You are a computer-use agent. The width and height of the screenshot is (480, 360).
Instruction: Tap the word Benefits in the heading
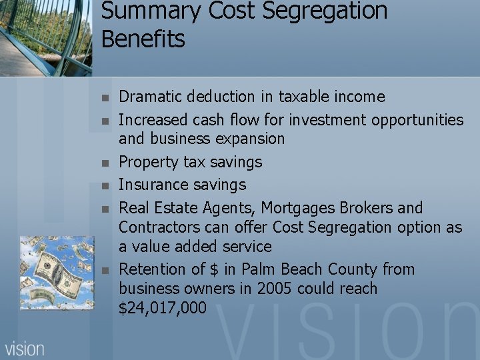[x=143, y=39]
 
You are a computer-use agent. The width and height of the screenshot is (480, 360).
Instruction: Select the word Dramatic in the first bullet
[x=151, y=97]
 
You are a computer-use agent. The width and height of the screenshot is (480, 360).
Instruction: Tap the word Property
[x=149, y=162]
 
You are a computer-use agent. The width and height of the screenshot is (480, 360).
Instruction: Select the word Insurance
[x=152, y=185]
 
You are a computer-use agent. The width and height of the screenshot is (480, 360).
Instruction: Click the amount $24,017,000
[x=162, y=308]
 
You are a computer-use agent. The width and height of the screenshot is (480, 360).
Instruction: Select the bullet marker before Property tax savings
[x=104, y=163]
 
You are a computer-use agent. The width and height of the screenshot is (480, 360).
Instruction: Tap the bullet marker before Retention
[x=104, y=270]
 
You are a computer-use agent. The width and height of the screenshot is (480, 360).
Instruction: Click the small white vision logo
[x=25, y=348]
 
